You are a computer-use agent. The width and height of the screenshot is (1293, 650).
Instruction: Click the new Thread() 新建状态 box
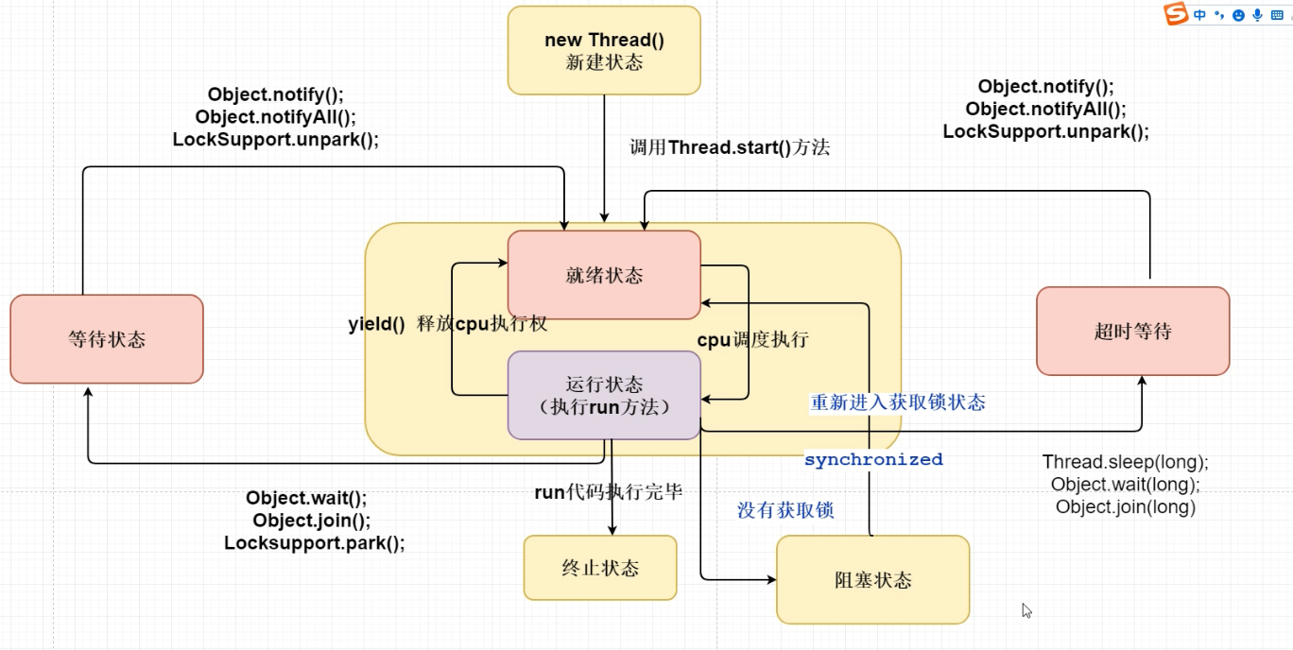pyautogui.click(x=604, y=51)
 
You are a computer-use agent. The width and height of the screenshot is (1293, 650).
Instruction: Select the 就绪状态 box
pyautogui.click(x=604, y=275)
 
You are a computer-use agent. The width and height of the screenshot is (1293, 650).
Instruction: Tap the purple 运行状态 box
pyautogui.click(x=604, y=396)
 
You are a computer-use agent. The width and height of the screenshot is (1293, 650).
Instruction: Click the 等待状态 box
pyautogui.click(x=107, y=339)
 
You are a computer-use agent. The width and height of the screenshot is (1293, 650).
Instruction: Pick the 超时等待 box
pyautogui.click(x=1132, y=332)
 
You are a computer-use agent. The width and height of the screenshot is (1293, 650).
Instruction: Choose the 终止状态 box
pyautogui.click(x=600, y=568)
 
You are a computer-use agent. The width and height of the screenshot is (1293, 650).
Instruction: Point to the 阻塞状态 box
pyautogui.click(x=872, y=579)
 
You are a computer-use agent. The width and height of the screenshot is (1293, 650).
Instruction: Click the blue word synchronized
pyautogui.click(x=873, y=460)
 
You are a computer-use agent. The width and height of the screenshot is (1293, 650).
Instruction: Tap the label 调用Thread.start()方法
pyautogui.click(x=730, y=147)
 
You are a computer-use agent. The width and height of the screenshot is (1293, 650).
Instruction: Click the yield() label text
pyautogui.click(x=376, y=324)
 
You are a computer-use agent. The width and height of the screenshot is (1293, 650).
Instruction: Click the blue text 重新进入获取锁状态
pyautogui.click(x=898, y=402)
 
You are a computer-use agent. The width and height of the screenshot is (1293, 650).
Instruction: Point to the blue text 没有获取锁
pyautogui.click(x=785, y=510)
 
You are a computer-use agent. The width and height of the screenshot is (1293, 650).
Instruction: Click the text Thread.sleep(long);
pyautogui.click(x=1125, y=462)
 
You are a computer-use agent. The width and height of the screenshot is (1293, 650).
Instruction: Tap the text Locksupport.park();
pyautogui.click(x=314, y=543)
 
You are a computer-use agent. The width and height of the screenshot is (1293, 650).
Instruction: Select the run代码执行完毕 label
pyautogui.click(x=608, y=491)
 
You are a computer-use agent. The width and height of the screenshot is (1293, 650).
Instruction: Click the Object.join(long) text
pyautogui.click(x=1125, y=507)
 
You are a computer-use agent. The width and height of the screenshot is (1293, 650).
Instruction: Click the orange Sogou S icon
pyautogui.click(x=1176, y=15)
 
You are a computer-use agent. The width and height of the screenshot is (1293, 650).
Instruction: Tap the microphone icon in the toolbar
pyautogui.click(x=1257, y=15)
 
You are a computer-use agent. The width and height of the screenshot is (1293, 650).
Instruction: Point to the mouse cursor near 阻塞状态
pyautogui.click(x=1026, y=610)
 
